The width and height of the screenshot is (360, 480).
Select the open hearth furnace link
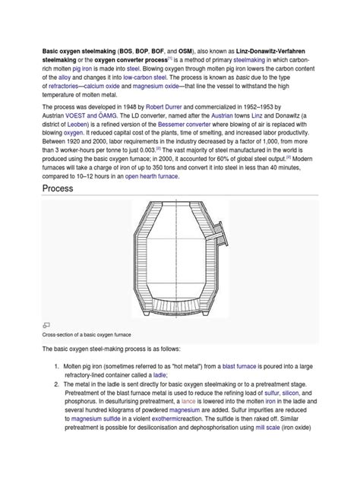(152, 176)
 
